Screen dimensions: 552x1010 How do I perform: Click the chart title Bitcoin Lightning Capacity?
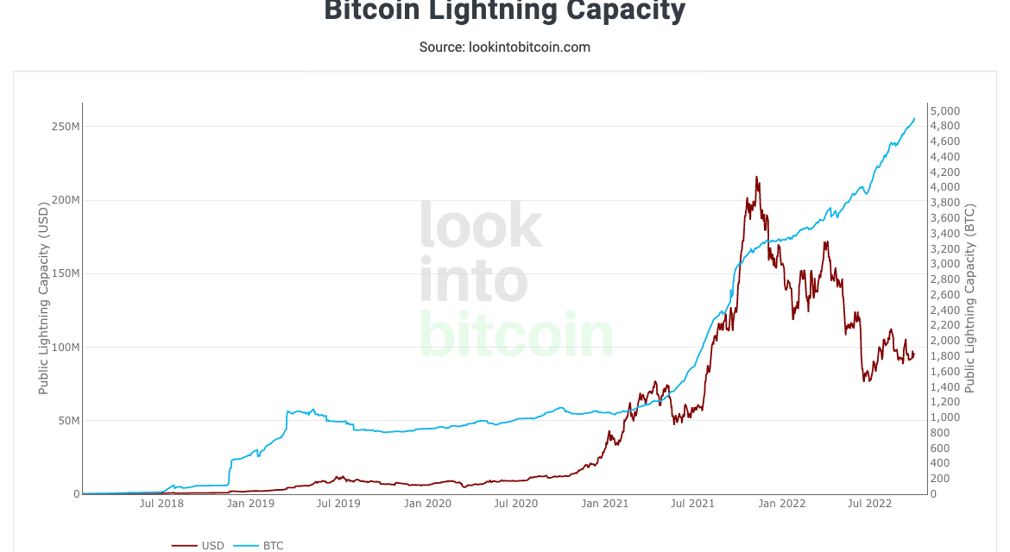tap(505, 10)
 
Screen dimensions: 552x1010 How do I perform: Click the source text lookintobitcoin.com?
tap(505, 47)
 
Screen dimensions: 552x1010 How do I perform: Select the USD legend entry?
tap(199, 545)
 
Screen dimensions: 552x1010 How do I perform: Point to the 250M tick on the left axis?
tap(66, 127)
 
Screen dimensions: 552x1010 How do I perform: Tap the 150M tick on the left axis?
tap(66, 273)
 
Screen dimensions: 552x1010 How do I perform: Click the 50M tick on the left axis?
tap(68, 421)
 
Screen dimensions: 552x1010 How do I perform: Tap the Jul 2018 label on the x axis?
tap(161, 504)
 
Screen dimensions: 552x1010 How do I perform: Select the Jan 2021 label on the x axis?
tap(604, 504)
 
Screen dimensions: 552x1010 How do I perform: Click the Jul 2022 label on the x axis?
tap(869, 504)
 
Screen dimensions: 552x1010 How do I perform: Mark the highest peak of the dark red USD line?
tap(757, 177)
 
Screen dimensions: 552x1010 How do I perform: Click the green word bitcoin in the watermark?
tap(516, 335)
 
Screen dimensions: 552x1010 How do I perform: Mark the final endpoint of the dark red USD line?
tap(914, 353)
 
